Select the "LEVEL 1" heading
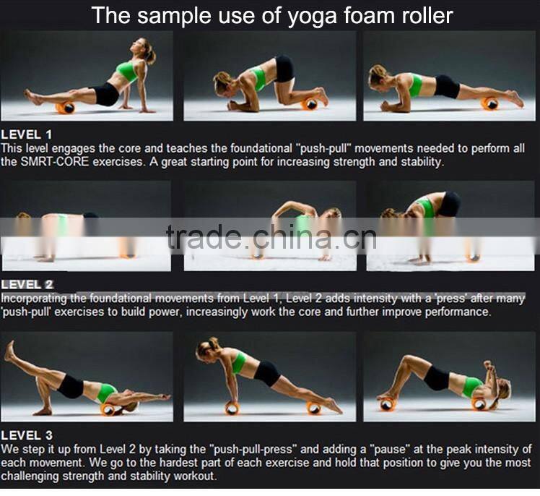[x=27, y=134]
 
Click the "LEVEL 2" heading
[x=27, y=285]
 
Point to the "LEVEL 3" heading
[x=27, y=435]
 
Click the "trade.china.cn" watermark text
[x=271, y=236]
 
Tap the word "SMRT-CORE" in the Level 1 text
[x=55, y=162]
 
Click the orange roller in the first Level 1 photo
[x=66, y=108]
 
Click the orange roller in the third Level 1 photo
[x=489, y=103]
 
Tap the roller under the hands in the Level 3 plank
[x=232, y=408]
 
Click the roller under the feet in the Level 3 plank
[x=314, y=408]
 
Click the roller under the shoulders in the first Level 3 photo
[x=108, y=409]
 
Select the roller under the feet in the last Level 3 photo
[x=386, y=403]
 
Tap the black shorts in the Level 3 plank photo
[x=267, y=373]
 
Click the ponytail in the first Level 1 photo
[x=152, y=54]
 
